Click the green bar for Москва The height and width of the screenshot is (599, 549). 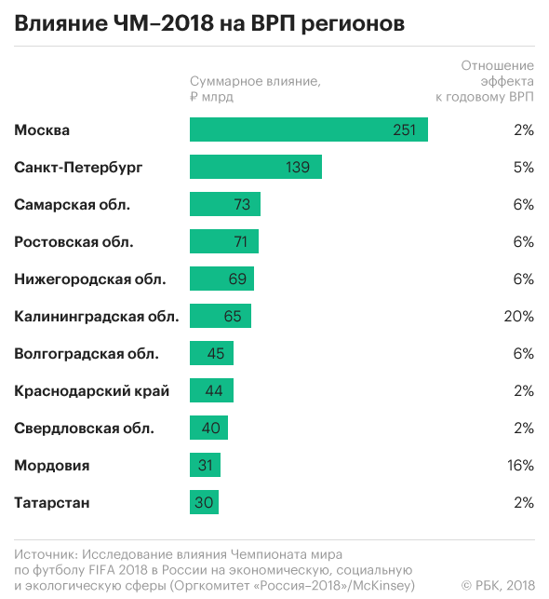click(x=309, y=129)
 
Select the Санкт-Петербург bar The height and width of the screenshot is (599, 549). click(x=256, y=167)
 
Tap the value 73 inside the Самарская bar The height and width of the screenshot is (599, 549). click(x=242, y=204)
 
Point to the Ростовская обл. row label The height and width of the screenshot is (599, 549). click(x=74, y=242)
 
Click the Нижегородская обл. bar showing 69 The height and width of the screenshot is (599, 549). click(x=221, y=279)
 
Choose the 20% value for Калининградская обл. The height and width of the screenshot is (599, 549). click(x=518, y=317)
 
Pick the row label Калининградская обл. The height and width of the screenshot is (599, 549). click(x=97, y=317)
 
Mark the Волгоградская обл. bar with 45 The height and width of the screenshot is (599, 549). click(x=211, y=353)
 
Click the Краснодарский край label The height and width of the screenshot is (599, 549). click(x=91, y=391)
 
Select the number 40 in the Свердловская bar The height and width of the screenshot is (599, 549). click(x=210, y=428)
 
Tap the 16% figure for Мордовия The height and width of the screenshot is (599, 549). click(x=520, y=465)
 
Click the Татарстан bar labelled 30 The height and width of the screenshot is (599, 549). click(x=204, y=502)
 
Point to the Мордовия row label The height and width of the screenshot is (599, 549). click(x=52, y=466)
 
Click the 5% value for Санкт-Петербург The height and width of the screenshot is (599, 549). click(x=524, y=168)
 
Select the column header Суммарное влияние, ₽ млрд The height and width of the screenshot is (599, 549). click(x=255, y=88)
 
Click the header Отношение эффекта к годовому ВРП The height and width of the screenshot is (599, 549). click(x=485, y=81)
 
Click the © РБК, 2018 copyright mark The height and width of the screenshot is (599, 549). click(x=498, y=585)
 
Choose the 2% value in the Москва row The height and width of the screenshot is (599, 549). click(x=524, y=130)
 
